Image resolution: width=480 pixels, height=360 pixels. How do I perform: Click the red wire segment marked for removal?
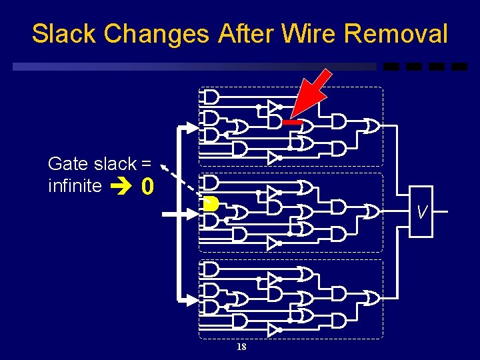pyautogui.click(x=292, y=122)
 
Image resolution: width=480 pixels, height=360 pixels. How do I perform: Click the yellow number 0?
pyautogui.click(x=148, y=189)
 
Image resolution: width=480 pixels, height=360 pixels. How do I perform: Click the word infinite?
pyautogui.click(x=75, y=185)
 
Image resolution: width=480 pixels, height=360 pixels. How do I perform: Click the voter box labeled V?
pyautogui.click(x=421, y=213)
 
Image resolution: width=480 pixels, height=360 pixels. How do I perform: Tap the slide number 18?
pyautogui.click(x=241, y=347)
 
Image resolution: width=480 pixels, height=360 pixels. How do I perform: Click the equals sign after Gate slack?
pyautogui.click(x=146, y=163)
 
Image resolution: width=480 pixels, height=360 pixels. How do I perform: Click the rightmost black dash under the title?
pyautogui.click(x=459, y=67)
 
